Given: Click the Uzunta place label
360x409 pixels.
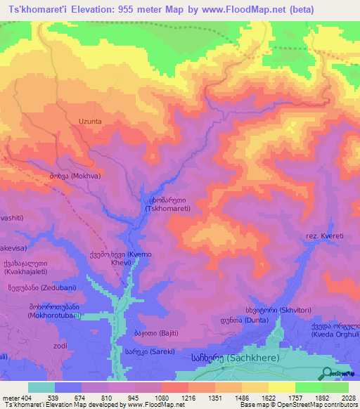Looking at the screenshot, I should [84, 121].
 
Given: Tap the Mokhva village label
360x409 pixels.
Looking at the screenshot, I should [75, 176].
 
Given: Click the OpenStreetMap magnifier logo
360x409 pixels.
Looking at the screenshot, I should [328, 373].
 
